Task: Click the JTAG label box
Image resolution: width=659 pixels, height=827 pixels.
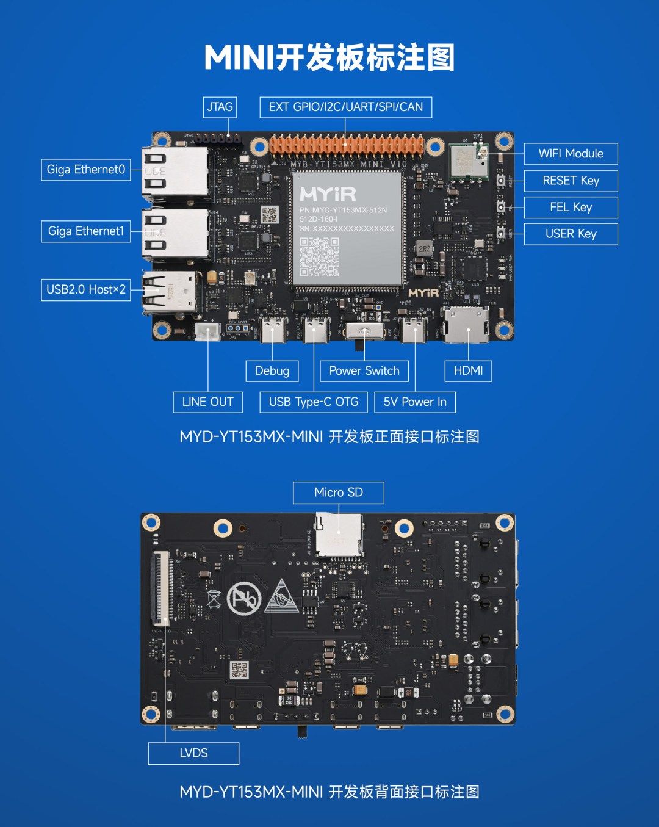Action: (x=220, y=107)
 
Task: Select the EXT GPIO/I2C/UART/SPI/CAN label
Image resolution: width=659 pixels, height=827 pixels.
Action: (x=345, y=107)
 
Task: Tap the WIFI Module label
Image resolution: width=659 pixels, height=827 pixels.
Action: (x=571, y=154)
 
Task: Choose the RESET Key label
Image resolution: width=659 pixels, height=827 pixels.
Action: (x=571, y=181)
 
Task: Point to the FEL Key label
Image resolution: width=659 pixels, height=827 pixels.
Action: (x=571, y=208)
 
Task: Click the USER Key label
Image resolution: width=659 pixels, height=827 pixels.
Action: (x=571, y=234)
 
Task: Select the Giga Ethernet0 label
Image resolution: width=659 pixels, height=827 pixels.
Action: (x=86, y=170)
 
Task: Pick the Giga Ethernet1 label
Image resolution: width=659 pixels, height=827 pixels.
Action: (x=86, y=231)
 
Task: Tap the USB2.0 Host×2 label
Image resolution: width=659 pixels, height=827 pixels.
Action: (x=86, y=290)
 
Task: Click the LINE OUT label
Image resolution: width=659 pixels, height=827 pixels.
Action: (x=207, y=402)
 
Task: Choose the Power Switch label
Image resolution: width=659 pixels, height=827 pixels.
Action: (x=364, y=371)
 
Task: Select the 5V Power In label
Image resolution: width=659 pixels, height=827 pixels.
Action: (x=415, y=402)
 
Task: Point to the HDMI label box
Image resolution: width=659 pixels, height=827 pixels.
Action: (x=468, y=371)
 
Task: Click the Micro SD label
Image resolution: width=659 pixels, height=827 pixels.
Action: (x=339, y=493)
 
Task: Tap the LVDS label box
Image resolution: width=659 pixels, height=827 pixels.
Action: (x=193, y=754)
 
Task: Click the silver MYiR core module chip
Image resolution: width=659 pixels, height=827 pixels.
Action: (x=347, y=228)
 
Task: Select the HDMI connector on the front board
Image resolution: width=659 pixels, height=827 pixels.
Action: (x=467, y=324)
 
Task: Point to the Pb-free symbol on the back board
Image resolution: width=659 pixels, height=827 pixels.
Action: (x=244, y=599)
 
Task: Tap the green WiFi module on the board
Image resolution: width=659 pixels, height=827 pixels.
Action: (x=469, y=161)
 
